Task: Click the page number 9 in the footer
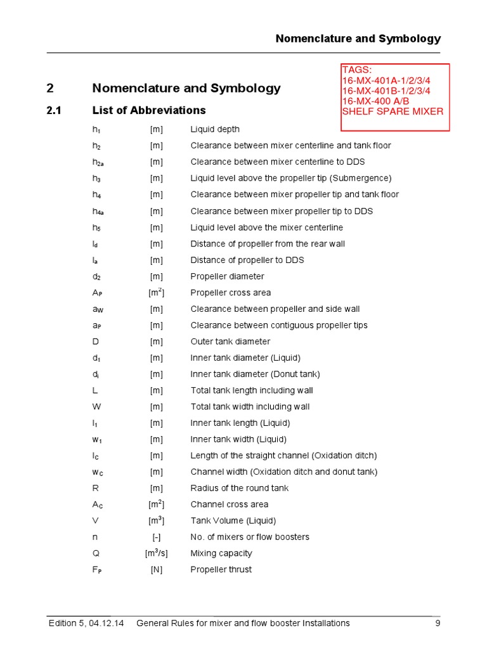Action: (x=438, y=623)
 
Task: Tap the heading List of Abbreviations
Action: (x=149, y=110)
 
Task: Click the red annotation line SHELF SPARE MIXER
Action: (x=393, y=112)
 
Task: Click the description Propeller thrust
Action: (x=221, y=569)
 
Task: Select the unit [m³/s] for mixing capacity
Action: (x=156, y=553)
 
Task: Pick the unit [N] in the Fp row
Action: (x=156, y=569)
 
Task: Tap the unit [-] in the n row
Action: (x=156, y=537)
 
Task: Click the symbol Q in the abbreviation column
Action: (x=96, y=553)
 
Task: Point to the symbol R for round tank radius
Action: (x=95, y=488)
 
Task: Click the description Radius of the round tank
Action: (x=239, y=488)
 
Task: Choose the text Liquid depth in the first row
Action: (x=215, y=129)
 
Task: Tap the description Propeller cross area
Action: (x=230, y=293)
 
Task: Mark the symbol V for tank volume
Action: (x=95, y=520)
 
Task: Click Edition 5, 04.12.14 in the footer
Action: (x=87, y=623)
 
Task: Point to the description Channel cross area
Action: (x=229, y=504)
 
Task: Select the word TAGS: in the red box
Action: (x=356, y=70)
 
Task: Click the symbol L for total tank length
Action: (x=94, y=390)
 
